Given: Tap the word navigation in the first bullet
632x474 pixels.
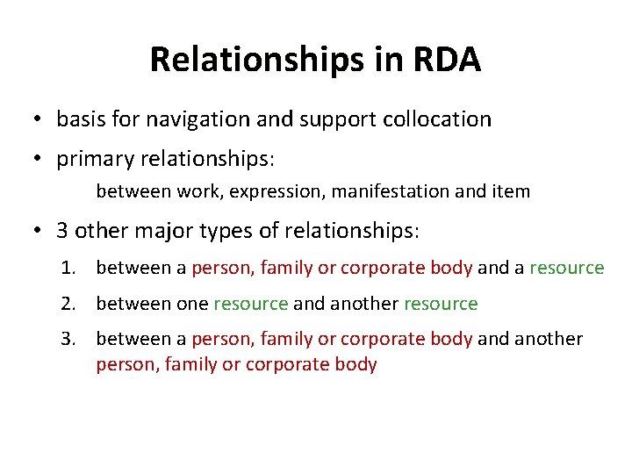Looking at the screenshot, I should click(x=197, y=118).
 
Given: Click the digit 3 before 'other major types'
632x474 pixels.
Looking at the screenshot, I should click(x=62, y=231).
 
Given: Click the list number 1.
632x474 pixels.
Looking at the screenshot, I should click(x=67, y=268).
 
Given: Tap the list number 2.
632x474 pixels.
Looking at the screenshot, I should click(x=67, y=305).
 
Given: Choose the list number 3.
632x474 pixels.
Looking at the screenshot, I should click(x=67, y=339).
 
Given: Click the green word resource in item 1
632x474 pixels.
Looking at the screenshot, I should click(x=567, y=268).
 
